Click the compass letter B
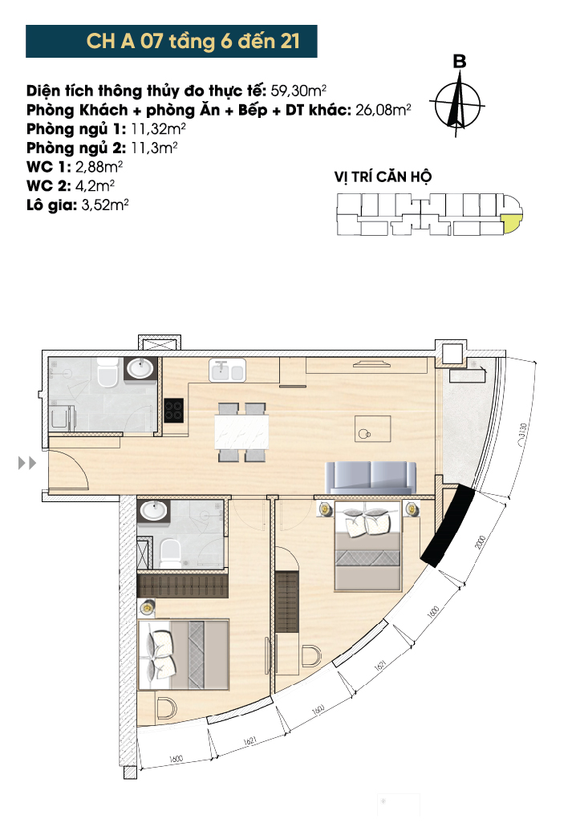[x=460, y=62]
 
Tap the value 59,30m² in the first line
[x=298, y=91]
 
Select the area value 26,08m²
[x=383, y=110]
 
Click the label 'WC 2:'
[x=48, y=185]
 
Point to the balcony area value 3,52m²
[x=105, y=205]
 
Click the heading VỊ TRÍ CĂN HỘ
[x=383, y=177]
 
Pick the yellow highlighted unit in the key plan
[x=511, y=222]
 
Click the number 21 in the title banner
[x=290, y=41]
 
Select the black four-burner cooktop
[x=174, y=410]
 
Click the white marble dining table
[x=241, y=432]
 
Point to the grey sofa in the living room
[x=371, y=477]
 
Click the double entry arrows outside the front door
[x=27, y=463]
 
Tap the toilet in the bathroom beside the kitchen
[x=108, y=374]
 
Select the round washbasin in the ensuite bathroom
[x=153, y=509]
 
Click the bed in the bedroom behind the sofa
[x=368, y=546]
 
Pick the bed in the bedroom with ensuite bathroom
[x=184, y=655]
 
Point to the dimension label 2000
[x=481, y=541]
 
